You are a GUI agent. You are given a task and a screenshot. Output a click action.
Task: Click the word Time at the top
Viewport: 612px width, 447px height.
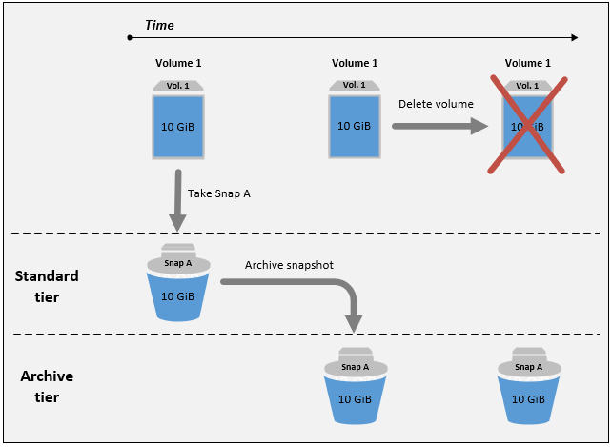tap(159, 25)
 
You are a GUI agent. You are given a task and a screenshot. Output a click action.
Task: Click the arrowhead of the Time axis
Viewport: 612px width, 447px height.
tap(573, 38)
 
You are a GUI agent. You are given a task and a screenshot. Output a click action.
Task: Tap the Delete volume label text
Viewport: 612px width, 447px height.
tap(436, 104)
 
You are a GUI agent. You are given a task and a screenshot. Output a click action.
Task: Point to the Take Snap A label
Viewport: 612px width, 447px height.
tap(219, 193)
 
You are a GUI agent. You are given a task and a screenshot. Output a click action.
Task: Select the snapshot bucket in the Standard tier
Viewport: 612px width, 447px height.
tap(178, 287)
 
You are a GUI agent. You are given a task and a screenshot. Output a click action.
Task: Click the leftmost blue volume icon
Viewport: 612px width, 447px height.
tap(178, 124)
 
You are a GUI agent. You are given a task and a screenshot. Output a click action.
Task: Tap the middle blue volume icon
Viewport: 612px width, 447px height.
tap(355, 124)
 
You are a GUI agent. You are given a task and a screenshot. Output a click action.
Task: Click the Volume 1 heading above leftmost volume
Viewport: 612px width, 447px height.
tap(178, 64)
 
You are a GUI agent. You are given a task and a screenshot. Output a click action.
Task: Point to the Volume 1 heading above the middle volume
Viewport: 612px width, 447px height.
tap(355, 64)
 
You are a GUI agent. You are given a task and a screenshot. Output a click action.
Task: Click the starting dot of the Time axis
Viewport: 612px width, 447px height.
tap(129, 38)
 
